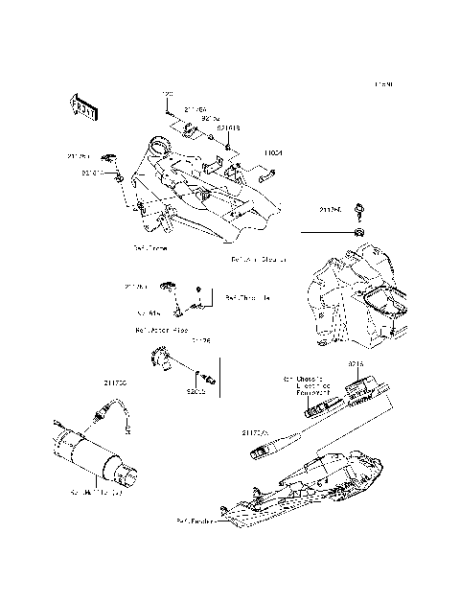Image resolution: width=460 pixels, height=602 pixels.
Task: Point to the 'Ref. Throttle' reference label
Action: click(x=247, y=298)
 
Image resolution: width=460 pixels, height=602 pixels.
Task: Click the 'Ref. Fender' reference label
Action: click(x=195, y=521)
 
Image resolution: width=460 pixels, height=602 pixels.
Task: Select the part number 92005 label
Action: click(x=197, y=392)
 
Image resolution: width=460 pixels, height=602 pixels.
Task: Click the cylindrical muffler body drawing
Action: click(x=91, y=455)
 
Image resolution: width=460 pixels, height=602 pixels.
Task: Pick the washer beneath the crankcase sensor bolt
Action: click(x=356, y=232)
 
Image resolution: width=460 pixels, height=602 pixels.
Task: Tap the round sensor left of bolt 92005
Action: click(x=162, y=362)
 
